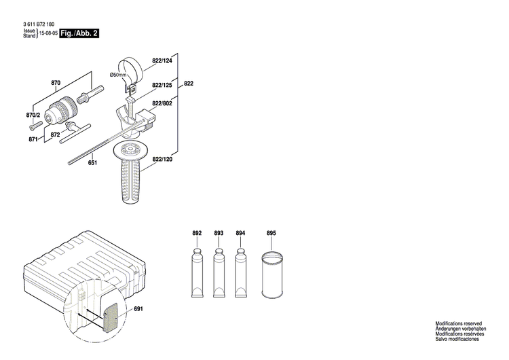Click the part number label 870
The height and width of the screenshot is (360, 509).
(x=56, y=83)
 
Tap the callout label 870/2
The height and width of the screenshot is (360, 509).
(x=33, y=115)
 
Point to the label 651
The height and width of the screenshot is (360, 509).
(x=92, y=162)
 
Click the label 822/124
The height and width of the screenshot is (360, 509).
(x=162, y=61)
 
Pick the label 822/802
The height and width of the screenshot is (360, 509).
(x=162, y=103)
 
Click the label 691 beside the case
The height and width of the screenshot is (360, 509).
(x=139, y=310)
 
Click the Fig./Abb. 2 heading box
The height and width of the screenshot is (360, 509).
(x=79, y=33)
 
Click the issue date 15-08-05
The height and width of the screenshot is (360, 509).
(x=48, y=33)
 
